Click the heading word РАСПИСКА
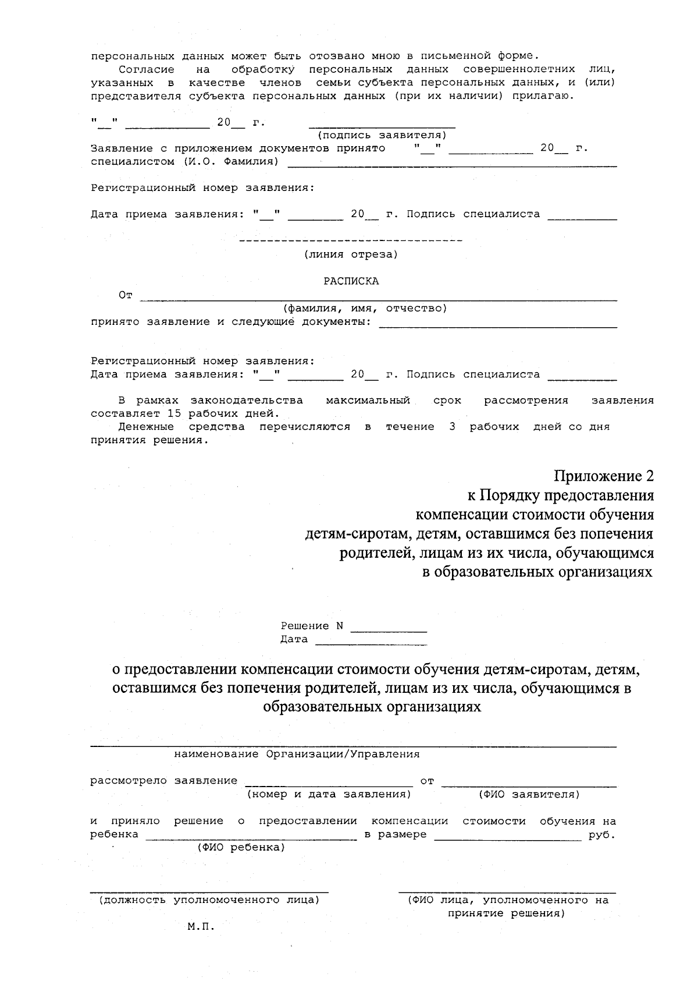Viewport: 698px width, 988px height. point(351,281)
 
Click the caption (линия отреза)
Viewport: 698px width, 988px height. point(351,254)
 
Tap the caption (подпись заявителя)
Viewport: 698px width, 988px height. point(382,135)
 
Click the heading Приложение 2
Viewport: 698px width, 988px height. point(603,476)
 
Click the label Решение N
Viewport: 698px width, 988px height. point(312,626)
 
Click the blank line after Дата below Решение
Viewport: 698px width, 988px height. point(371,643)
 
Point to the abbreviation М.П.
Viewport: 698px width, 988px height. point(201,926)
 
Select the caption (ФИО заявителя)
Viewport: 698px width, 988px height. point(529,794)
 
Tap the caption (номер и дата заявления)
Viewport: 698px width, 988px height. point(329,794)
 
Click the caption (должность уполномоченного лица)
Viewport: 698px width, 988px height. point(209,900)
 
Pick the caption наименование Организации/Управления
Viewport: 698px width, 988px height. point(297,754)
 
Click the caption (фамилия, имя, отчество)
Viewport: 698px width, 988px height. point(365,308)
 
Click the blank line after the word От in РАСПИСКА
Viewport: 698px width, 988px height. point(378,299)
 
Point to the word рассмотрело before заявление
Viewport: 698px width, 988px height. point(129,781)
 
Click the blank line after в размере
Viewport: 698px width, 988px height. point(507,839)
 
